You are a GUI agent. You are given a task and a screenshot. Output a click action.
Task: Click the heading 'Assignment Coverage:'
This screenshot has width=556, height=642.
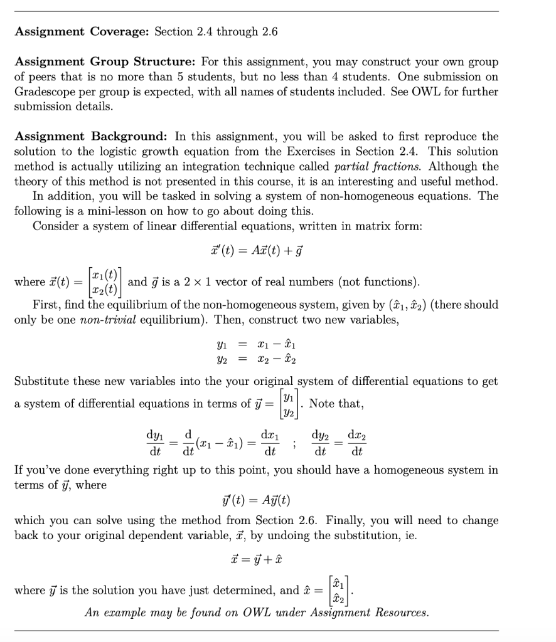point(82,32)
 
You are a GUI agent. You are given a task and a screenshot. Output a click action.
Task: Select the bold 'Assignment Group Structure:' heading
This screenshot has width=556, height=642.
point(105,62)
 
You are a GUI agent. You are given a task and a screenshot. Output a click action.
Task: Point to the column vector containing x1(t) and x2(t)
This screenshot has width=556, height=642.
point(105,282)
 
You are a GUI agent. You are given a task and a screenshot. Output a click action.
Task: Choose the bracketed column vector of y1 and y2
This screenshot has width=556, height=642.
point(287,404)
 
